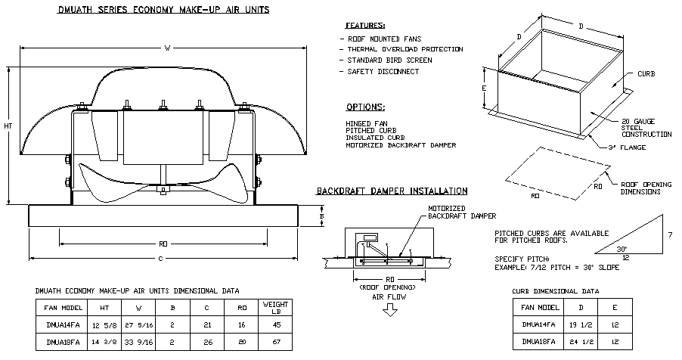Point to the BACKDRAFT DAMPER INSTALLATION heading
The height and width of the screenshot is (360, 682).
[x=391, y=191]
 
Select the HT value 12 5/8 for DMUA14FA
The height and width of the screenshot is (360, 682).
[x=100, y=324]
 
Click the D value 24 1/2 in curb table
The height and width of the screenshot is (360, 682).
[x=579, y=341]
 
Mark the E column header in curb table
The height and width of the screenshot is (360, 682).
[x=617, y=308]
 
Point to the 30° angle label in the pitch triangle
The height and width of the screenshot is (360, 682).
[x=622, y=247]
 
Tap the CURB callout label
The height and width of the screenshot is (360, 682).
[x=645, y=74]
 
